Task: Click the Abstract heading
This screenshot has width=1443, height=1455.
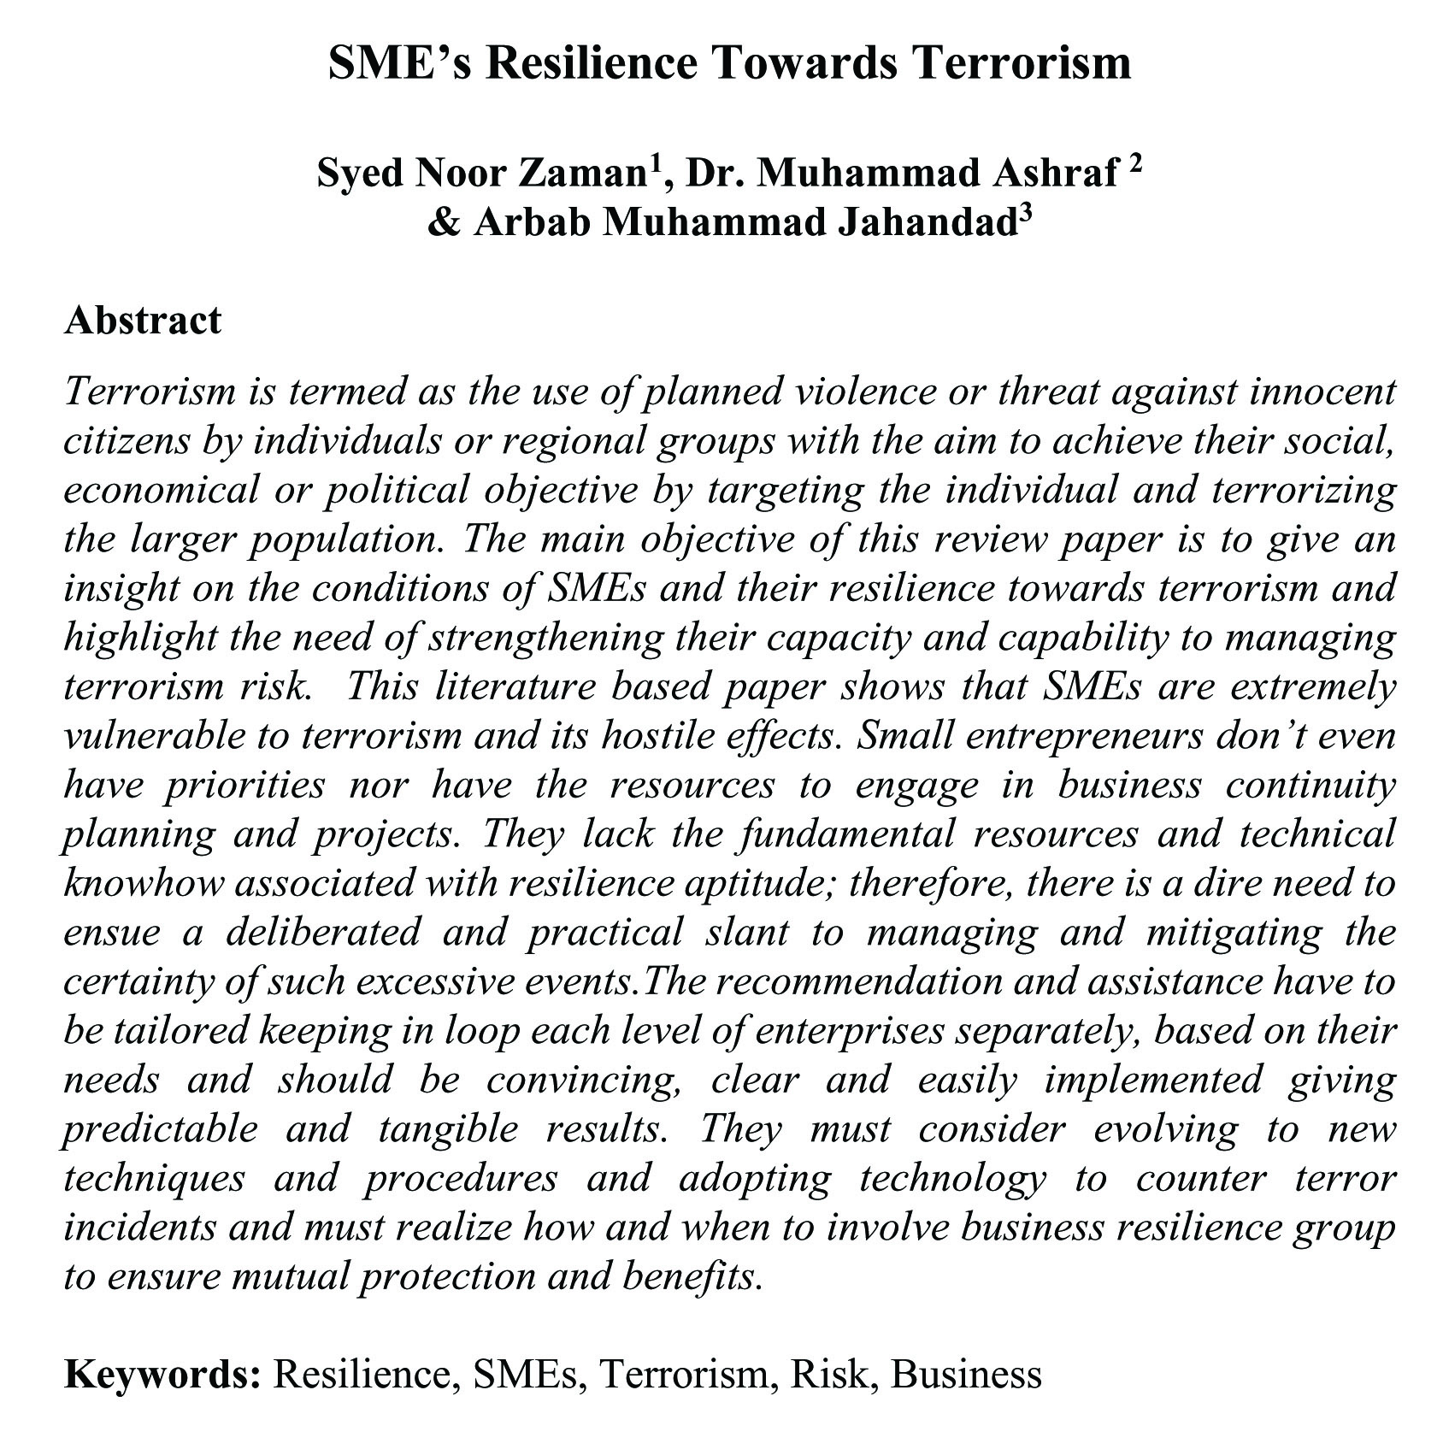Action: pyautogui.click(x=143, y=321)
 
